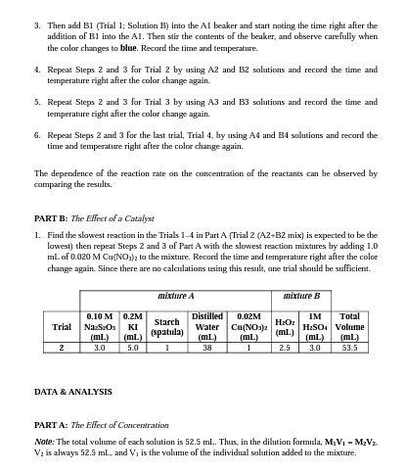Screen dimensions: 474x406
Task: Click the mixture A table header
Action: pos(176,295)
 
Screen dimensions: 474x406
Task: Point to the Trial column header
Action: pos(62,326)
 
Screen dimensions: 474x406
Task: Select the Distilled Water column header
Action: pos(207,326)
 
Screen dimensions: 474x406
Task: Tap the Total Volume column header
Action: pos(347,326)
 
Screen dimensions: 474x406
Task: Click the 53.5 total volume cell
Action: pos(347,347)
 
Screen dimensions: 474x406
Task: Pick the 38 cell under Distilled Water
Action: pos(207,347)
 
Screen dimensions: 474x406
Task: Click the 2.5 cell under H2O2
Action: pos(285,347)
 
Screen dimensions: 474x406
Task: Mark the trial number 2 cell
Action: pos(62,347)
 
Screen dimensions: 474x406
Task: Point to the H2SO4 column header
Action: pos(314,326)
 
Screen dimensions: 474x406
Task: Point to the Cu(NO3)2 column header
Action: pos(249,326)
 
